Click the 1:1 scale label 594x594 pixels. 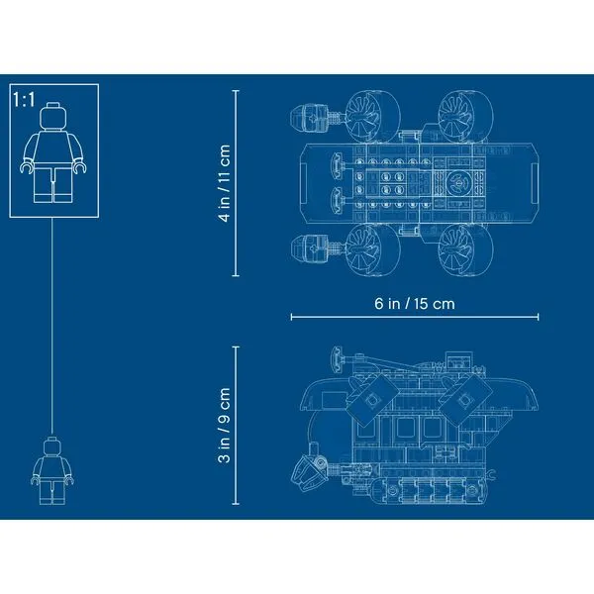coord(24,100)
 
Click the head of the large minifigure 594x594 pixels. coord(53,116)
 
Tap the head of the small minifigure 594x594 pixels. coord(52,446)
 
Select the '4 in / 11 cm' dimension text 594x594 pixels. coord(225,183)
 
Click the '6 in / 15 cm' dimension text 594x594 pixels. coord(415,304)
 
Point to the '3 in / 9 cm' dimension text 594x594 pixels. coord(225,425)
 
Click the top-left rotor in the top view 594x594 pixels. coord(372,116)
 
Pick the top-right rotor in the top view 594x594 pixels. coord(466,116)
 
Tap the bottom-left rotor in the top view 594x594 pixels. coord(372,249)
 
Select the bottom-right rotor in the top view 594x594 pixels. coord(466,249)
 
